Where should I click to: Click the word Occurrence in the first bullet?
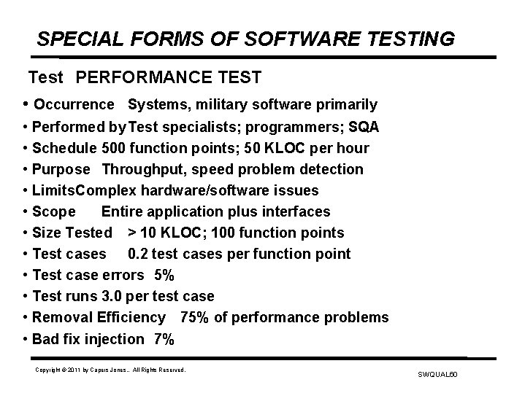(74, 105)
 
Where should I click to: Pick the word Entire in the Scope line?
(123, 211)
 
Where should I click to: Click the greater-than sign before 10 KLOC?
(131, 233)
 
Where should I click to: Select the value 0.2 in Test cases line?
(138, 254)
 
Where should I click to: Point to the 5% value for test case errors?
(164, 275)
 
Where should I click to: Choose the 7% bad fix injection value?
(164, 338)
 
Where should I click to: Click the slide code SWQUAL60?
(437, 375)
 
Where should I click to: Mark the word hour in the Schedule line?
(353, 148)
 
